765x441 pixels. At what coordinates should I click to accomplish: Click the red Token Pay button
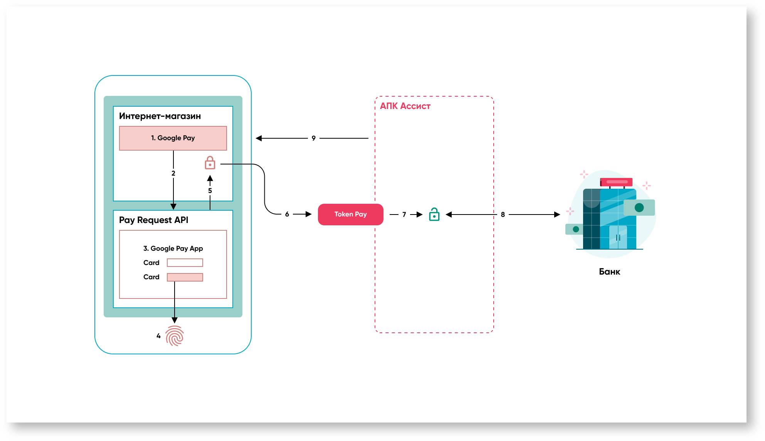point(350,214)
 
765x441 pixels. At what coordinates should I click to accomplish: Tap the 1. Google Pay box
point(173,138)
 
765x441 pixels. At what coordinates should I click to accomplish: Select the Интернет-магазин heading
point(160,116)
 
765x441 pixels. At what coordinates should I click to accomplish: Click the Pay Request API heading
point(153,220)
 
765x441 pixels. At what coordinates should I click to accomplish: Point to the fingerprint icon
point(175,336)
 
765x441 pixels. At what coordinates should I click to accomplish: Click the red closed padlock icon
point(210,163)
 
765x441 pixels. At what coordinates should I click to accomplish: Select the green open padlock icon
point(434,214)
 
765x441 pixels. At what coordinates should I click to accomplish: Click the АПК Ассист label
point(405,106)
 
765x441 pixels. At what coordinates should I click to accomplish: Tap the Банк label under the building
point(609,272)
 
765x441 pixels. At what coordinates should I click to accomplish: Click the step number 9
point(314,138)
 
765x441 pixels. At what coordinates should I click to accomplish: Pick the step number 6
point(287,214)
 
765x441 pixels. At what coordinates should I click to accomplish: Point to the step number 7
point(404,214)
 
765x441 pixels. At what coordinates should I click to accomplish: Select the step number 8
point(503,215)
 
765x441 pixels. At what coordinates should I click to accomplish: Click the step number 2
point(173,173)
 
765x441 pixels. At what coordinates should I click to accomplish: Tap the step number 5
point(210,191)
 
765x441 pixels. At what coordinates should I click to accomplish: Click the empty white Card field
point(185,263)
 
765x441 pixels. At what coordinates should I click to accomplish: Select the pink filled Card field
point(185,277)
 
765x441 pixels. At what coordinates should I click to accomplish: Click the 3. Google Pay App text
point(173,248)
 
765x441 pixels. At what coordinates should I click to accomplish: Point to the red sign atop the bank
point(616,182)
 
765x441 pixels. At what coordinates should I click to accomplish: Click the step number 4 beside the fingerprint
point(158,336)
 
